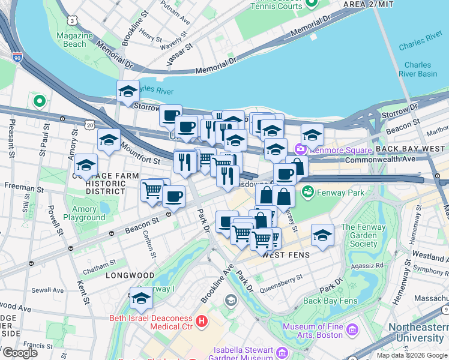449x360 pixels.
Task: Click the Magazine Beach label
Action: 75,40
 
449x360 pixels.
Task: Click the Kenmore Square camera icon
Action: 299,148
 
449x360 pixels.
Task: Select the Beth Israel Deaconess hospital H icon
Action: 202,321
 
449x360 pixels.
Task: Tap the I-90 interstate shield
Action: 17,58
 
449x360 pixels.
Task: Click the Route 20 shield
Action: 89,125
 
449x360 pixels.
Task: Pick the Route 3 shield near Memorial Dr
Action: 73,20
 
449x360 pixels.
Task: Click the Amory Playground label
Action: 84,214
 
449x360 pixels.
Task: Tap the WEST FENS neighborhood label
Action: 286,255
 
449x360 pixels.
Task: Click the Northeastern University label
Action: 418,333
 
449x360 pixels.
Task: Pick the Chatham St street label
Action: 100,264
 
